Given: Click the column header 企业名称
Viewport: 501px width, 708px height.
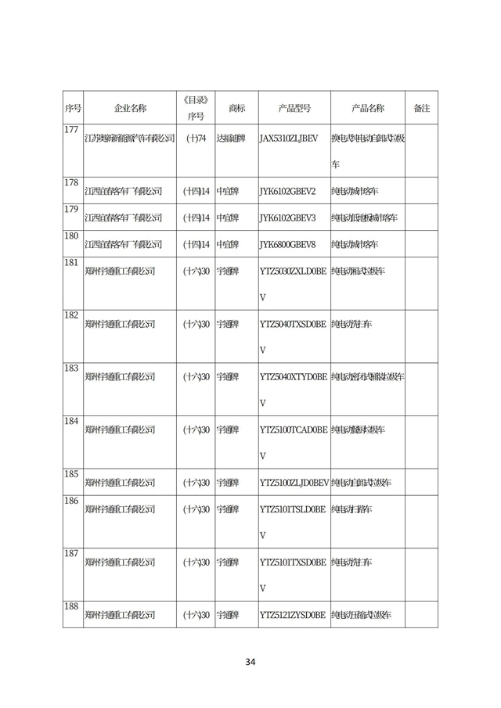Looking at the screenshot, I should pos(129,108).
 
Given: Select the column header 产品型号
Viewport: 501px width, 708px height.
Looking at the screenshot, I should pos(294,108).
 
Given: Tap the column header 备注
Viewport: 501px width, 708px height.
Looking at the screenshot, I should pos(421,108).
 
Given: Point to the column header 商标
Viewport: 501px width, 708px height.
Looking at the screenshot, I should pos(236,108).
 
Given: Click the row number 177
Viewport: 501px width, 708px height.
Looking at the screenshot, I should pos(72,130).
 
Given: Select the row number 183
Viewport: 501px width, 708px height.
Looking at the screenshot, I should pos(72,368).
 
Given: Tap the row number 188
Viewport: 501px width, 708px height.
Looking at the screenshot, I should pos(72,607).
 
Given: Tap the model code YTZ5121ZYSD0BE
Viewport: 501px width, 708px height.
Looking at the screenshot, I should pos(292,616).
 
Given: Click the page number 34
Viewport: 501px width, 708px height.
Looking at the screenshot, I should pos(250,662).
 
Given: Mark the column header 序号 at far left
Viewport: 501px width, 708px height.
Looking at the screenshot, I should pos(72,108).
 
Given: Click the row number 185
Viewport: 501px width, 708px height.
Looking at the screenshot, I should pos(72,474).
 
